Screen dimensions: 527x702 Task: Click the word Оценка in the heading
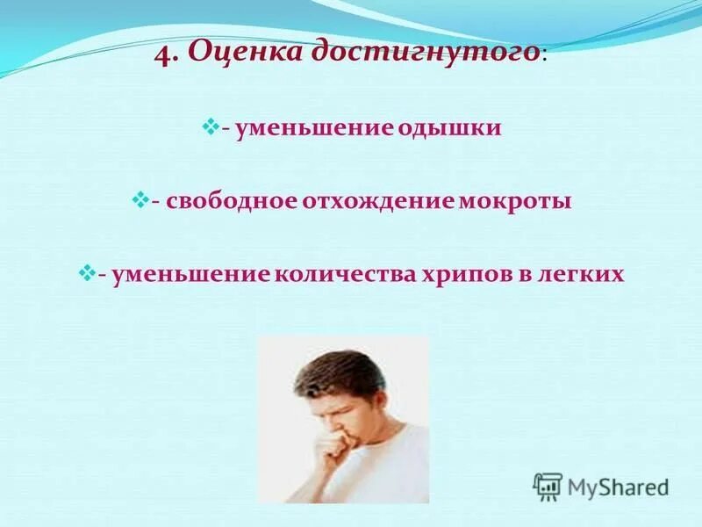coord(229,54)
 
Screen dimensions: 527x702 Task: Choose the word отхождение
coord(376,202)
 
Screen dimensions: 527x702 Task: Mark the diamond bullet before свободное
coord(139,201)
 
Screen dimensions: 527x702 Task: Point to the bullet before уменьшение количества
coord(86,274)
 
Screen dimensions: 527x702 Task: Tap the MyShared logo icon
coord(548,486)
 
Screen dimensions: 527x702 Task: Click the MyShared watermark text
coord(618,487)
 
